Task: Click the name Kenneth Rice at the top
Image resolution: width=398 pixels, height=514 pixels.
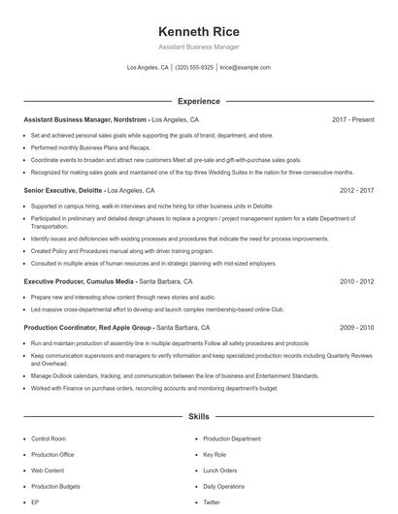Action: (x=198, y=30)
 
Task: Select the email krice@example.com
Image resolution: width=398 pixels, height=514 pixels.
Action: (x=245, y=68)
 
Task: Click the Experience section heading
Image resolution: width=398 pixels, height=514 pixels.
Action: (x=198, y=101)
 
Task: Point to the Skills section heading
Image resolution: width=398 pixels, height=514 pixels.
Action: (x=198, y=417)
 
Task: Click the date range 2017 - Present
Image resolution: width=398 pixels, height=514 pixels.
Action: (x=352, y=119)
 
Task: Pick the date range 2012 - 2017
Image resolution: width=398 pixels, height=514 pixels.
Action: (x=356, y=191)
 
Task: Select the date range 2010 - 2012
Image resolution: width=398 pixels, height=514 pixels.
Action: (x=356, y=281)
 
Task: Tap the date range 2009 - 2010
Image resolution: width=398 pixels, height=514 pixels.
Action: (x=356, y=328)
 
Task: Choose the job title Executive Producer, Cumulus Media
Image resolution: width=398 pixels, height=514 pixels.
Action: (x=79, y=281)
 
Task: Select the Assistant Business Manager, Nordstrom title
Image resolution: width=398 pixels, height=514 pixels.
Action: (x=84, y=119)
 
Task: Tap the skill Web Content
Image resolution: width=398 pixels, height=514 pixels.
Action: (x=48, y=470)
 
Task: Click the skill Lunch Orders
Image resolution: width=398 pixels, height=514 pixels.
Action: (x=219, y=470)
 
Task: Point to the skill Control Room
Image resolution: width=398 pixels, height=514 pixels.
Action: (x=49, y=438)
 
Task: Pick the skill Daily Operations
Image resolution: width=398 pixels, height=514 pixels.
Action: (x=224, y=486)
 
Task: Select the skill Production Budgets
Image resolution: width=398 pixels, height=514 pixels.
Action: (x=55, y=486)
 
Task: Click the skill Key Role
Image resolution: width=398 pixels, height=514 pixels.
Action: (x=215, y=454)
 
